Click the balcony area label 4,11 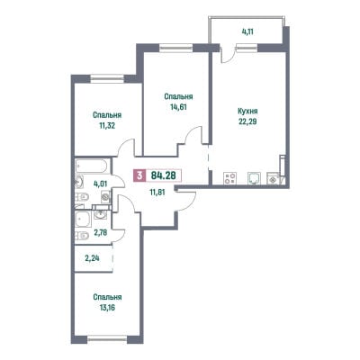tap(247, 31)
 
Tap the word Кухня tap(247, 112)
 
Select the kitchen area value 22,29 tap(247, 121)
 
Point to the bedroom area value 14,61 tap(178, 107)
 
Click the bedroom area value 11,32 tap(107, 125)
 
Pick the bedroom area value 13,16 tap(107, 308)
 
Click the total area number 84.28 tap(163, 175)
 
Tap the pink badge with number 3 tap(139, 175)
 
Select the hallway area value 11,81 tap(157, 192)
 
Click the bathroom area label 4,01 tap(101, 184)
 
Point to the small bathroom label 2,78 tap(101, 232)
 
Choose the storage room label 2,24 tap(93, 258)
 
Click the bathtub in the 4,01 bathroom tap(91, 166)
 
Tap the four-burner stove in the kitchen tap(230, 178)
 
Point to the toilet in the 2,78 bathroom tap(82, 236)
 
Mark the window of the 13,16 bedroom tap(107, 338)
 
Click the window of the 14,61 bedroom tap(175, 47)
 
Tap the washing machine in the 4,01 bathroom tap(105, 197)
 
